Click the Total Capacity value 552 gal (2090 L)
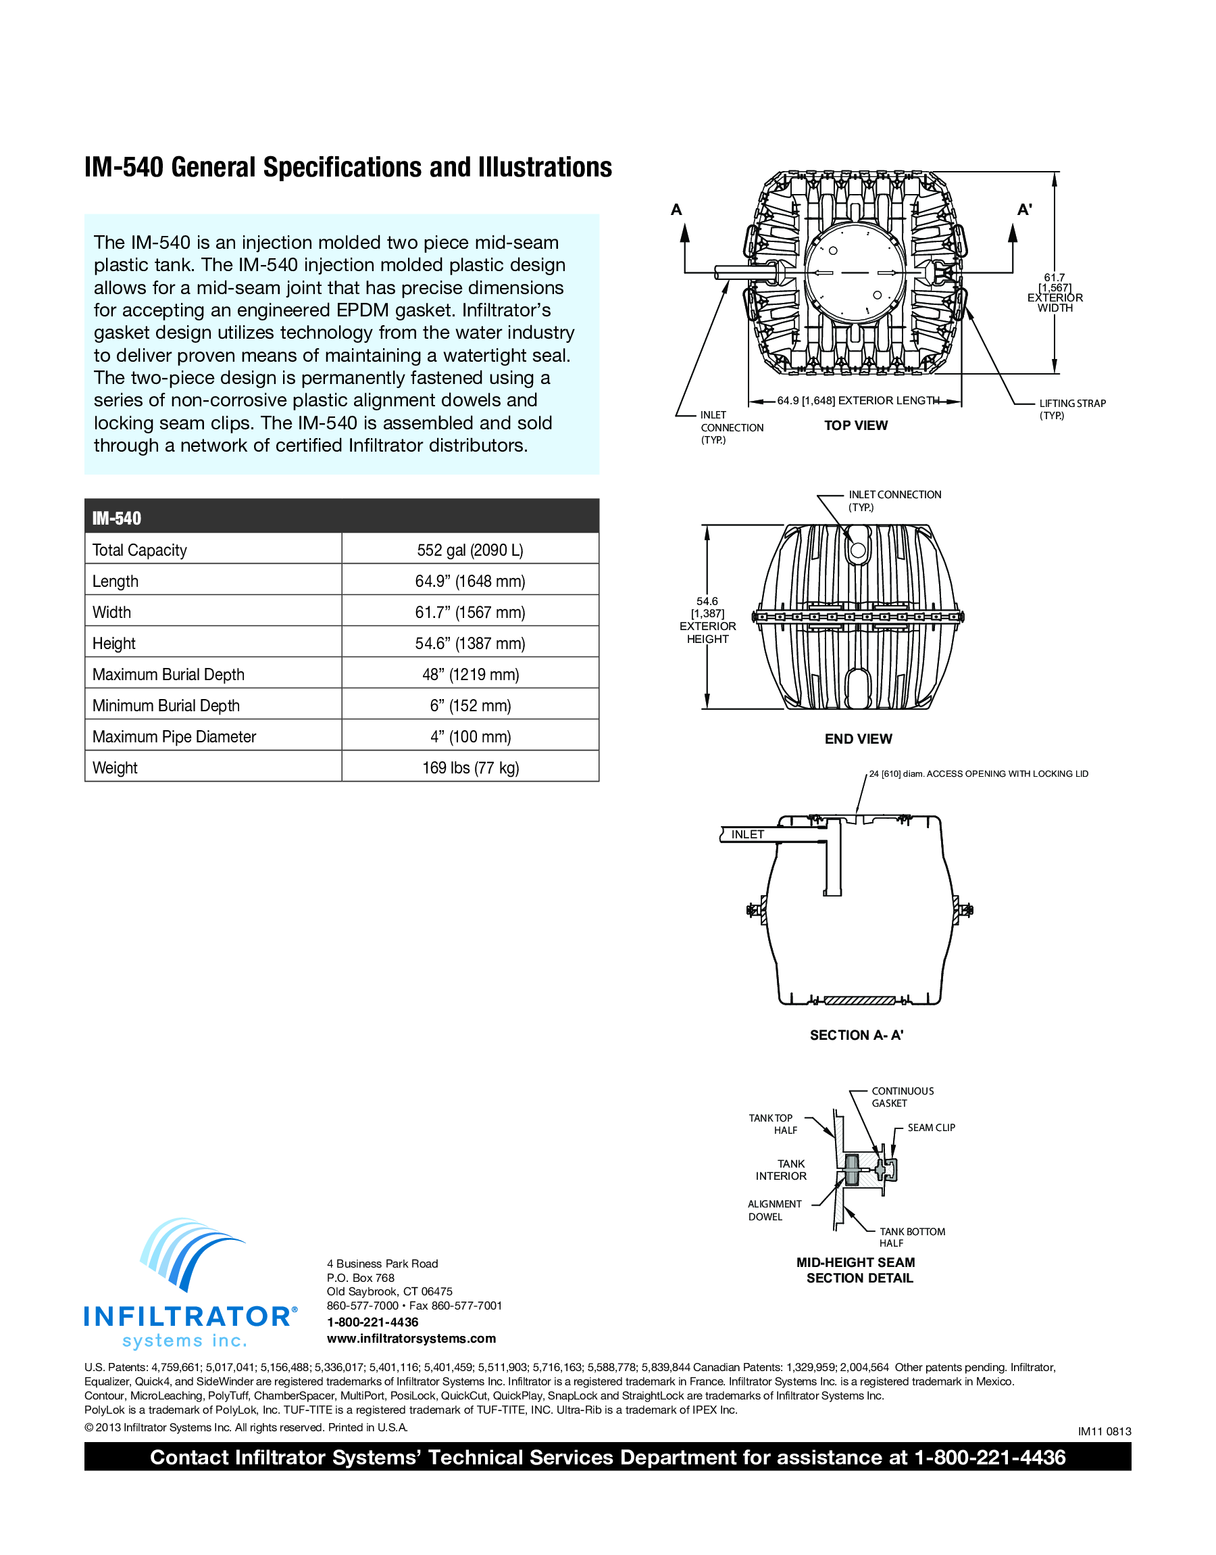click(470, 550)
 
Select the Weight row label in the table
click(115, 768)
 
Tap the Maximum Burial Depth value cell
click(470, 675)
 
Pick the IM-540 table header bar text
click(117, 518)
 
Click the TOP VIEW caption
click(856, 425)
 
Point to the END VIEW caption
click(858, 739)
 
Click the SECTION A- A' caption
click(857, 1035)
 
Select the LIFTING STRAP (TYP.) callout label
click(1071, 409)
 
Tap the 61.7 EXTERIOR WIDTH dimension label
click(1055, 293)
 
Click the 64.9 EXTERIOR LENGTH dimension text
click(858, 400)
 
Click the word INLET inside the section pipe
click(748, 834)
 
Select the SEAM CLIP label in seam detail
click(930, 1128)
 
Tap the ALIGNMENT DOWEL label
click(774, 1210)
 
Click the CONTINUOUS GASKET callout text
click(902, 1097)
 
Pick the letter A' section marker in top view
click(1023, 210)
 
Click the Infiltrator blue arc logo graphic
click(190, 1253)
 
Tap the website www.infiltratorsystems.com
click(411, 1339)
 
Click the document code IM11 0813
click(1103, 1431)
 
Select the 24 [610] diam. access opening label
click(978, 773)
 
